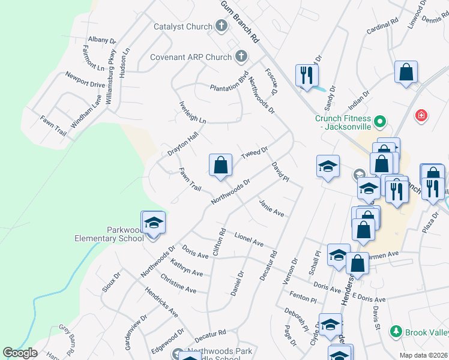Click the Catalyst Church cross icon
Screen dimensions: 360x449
(221, 26)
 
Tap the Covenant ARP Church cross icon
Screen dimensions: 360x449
(241, 57)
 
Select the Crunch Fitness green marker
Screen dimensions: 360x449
(379, 122)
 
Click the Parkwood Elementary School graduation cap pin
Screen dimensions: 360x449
(153, 223)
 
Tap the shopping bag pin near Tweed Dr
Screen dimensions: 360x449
(220, 165)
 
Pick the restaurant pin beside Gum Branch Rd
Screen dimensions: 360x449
(307, 76)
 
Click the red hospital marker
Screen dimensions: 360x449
(421, 115)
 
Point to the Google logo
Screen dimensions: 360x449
(20, 353)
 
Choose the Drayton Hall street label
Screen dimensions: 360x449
(182, 144)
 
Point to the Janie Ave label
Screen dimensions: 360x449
(271, 208)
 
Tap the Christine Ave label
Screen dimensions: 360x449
(178, 283)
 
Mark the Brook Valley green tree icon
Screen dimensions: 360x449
(396, 331)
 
